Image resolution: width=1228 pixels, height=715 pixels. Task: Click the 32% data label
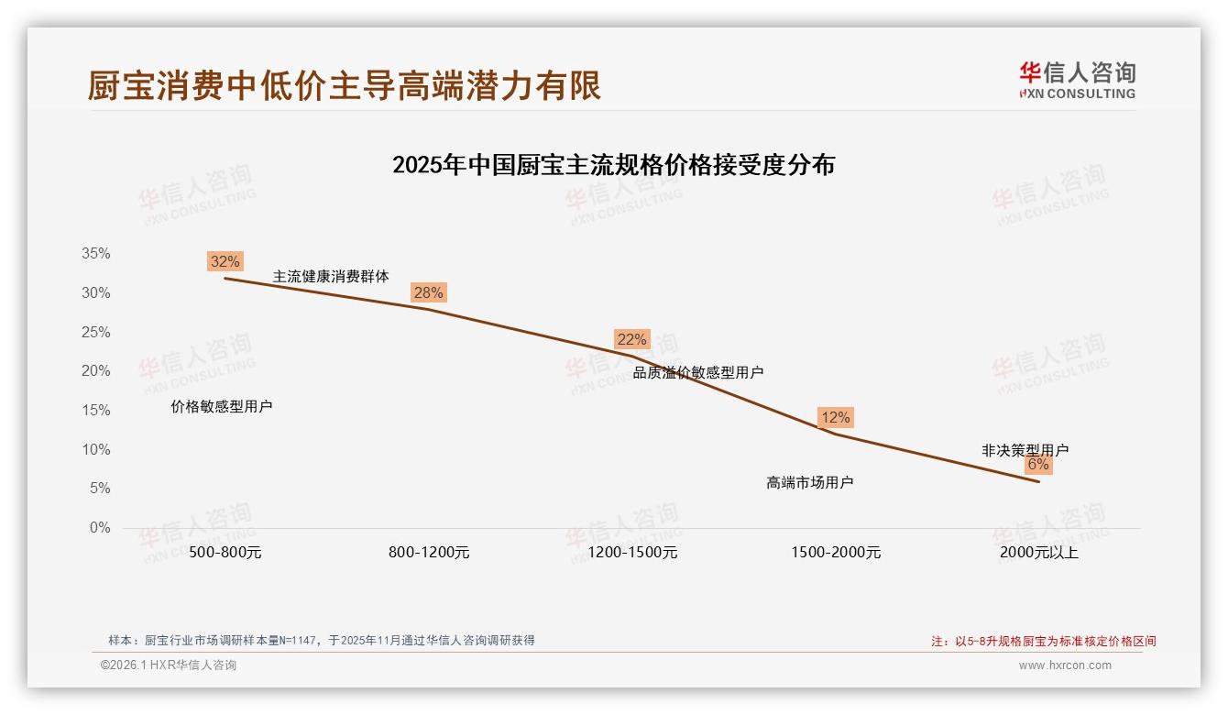(x=225, y=261)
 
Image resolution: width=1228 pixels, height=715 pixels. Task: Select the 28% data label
(x=428, y=292)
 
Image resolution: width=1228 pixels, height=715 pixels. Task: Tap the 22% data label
(x=631, y=339)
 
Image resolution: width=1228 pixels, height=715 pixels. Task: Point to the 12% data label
(x=835, y=417)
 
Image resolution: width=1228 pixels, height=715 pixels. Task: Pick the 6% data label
(x=1037, y=464)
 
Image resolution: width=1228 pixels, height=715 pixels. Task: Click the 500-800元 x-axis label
(x=225, y=553)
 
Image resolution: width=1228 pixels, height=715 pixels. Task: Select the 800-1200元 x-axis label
(x=429, y=553)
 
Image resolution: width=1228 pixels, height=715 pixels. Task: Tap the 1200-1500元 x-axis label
(x=632, y=553)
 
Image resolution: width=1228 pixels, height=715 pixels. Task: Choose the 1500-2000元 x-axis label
(x=836, y=553)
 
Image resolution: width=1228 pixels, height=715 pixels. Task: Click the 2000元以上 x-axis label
(x=1039, y=553)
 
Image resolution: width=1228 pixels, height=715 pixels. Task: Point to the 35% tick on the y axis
(x=96, y=254)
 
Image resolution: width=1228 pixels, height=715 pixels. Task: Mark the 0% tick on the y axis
(x=100, y=528)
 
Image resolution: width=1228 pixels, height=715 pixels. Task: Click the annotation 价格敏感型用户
(x=222, y=407)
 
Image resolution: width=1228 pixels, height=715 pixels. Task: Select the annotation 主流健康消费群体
(x=331, y=276)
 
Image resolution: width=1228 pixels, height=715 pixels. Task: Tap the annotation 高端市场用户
(x=810, y=482)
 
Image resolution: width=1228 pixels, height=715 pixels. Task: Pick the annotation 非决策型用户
(x=1025, y=450)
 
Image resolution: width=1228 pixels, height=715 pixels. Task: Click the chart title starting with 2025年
(x=613, y=165)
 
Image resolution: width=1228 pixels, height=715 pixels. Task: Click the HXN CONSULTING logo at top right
(x=1077, y=80)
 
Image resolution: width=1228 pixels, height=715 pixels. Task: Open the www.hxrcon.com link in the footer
(x=1065, y=665)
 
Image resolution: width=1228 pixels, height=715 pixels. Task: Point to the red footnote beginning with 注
(x=1044, y=642)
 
